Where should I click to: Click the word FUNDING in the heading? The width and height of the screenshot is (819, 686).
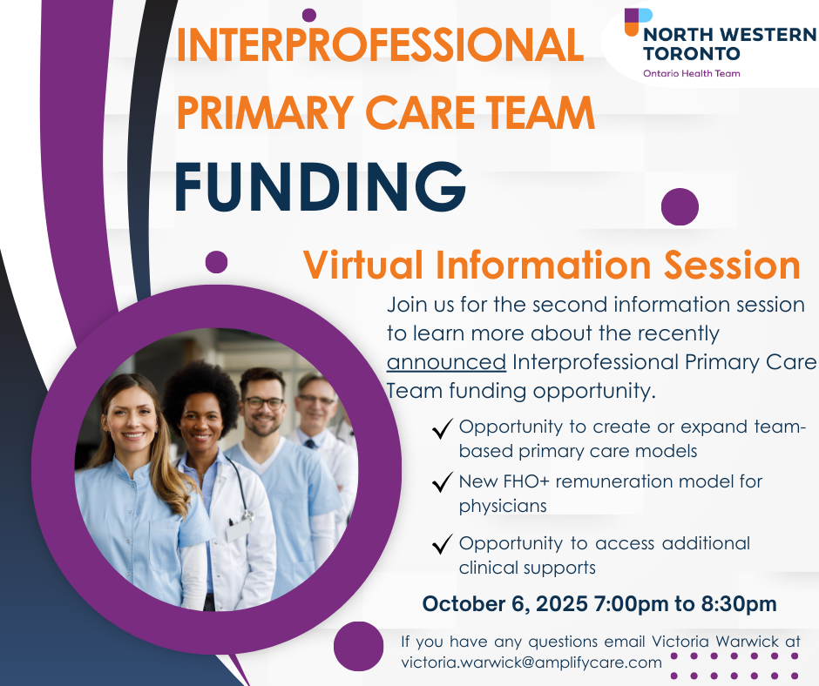[x=320, y=187]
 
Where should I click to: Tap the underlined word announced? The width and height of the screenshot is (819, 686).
[x=446, y=362]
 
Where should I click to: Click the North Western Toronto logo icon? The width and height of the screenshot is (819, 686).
[x=639, y=22]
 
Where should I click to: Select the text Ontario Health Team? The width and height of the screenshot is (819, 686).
[x=692, y=74]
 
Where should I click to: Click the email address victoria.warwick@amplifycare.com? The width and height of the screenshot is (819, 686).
[x=531, y=662]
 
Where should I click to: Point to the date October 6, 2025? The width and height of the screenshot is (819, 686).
[x=505, y=604]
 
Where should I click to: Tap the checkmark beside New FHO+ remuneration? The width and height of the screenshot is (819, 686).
[x=442, y=482]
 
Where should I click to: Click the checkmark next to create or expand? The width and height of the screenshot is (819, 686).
[x=442, y=428]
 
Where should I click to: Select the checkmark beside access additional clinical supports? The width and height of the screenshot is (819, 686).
[x=442, y=543]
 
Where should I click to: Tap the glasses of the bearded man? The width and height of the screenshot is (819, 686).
[x=264, y=403]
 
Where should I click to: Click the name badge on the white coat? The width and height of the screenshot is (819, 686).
[x=238, y=529]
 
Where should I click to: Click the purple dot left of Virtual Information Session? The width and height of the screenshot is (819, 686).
[x=216, y=261]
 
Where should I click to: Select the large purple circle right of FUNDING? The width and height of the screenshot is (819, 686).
[x=680, y=206]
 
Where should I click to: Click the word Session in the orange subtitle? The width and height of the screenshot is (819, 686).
[x=732, y=266]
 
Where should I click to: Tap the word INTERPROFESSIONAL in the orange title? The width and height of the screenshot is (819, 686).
[x=380, y=44]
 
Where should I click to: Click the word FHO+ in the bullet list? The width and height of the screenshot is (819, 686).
[x=526, y=481]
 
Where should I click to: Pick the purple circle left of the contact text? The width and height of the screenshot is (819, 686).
[x=358, y=646]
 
